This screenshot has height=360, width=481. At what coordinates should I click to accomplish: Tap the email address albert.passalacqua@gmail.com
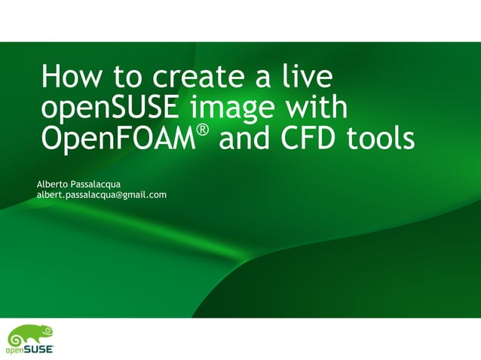tap(102, 195)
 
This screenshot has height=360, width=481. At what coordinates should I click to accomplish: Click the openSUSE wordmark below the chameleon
tap(30, 349)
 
